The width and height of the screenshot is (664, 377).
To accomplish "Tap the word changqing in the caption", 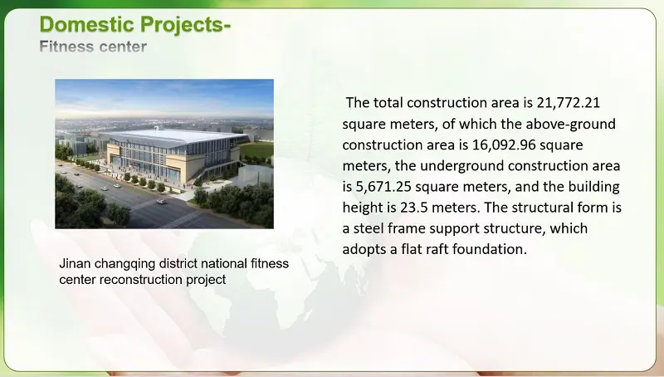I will pos(127,264).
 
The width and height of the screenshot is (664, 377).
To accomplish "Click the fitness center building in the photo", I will pos(166,158).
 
